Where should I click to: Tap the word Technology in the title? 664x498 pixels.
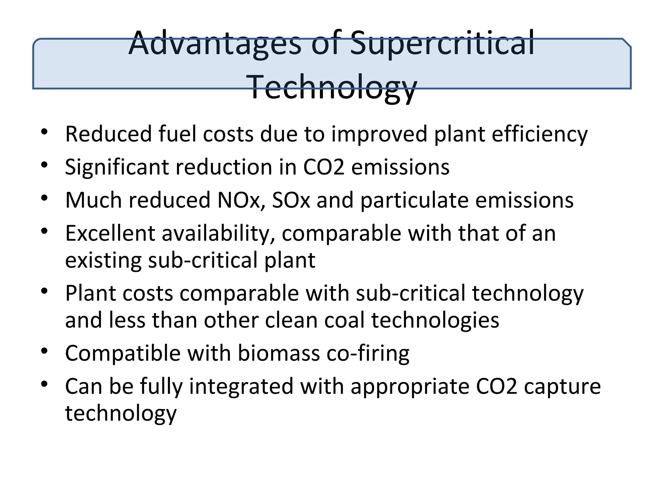click(x=333, y=87)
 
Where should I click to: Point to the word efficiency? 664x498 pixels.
click(x=539, y=134)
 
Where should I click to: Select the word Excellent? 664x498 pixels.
click(x=110, y=233)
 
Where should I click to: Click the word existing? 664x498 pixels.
click(x=103, y=260)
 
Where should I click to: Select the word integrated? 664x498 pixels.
click(x=241, y=386)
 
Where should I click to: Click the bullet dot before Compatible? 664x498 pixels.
click(x=44, y=351)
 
